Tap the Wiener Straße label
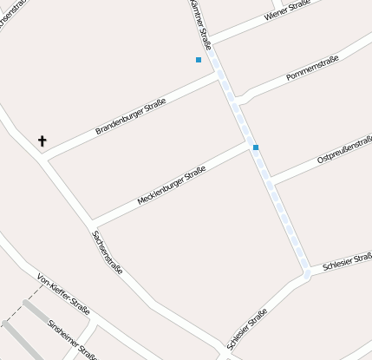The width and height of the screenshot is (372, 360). point(287,10)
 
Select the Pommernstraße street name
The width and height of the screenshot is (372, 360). point(313,68)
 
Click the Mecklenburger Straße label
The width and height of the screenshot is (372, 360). point(171,186)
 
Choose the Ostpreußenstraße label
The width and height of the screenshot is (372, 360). point(345,148)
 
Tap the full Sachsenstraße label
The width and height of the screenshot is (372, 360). point(107,252)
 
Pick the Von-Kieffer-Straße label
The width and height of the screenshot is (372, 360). point(63,293)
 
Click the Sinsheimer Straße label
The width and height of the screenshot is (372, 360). point(73,338)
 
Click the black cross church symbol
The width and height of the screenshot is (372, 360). point(42,140)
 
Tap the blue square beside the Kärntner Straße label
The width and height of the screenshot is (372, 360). point(199,60)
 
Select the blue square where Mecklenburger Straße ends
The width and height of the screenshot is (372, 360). point(256,147)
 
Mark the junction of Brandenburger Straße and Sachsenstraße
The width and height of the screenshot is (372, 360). point(43,160)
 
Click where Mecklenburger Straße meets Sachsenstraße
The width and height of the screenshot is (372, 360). point(91,225)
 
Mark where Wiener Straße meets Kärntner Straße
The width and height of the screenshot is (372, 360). point(212,40)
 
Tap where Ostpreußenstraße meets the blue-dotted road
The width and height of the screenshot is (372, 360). point(271,181)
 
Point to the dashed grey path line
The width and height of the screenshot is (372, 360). point(24,309)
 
